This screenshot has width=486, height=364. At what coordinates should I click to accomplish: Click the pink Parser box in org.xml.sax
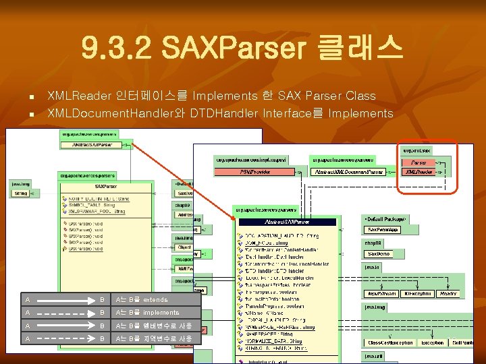[418, 162]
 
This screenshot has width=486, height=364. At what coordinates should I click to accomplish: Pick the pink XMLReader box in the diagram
[418, 172]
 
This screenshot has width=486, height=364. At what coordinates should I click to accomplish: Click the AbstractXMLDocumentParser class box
[350, 172]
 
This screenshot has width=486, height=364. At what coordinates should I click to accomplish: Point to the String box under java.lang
[20, 193]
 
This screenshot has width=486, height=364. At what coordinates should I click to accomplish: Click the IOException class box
[416, 293]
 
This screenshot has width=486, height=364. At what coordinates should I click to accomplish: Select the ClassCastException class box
[390, 342]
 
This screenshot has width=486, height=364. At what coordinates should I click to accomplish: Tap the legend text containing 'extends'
[141, 299]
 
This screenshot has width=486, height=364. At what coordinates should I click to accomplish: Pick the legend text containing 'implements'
[146, 313]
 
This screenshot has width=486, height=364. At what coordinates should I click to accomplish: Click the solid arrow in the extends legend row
[61, 299]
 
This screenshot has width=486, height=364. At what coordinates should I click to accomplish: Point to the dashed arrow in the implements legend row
[61, 313]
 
